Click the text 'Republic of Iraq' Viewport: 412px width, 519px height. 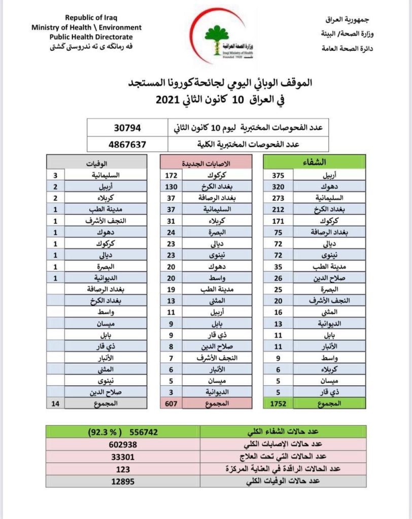pyautogui.click(x=89, y=18)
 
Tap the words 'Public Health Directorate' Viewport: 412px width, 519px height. pyautogui.click(x=91, y=37)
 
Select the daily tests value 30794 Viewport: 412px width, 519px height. pyautogui.click(x=127, y=127)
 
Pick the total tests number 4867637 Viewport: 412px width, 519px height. pyautogui.click(x=127, y=144)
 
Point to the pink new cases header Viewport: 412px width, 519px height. pyautogui.click(x=206, y=163)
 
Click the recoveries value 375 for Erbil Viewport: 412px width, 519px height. pyautogui.click(x=278, y=176)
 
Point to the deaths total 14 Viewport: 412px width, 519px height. pyautogui.click(x=55, y=403)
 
